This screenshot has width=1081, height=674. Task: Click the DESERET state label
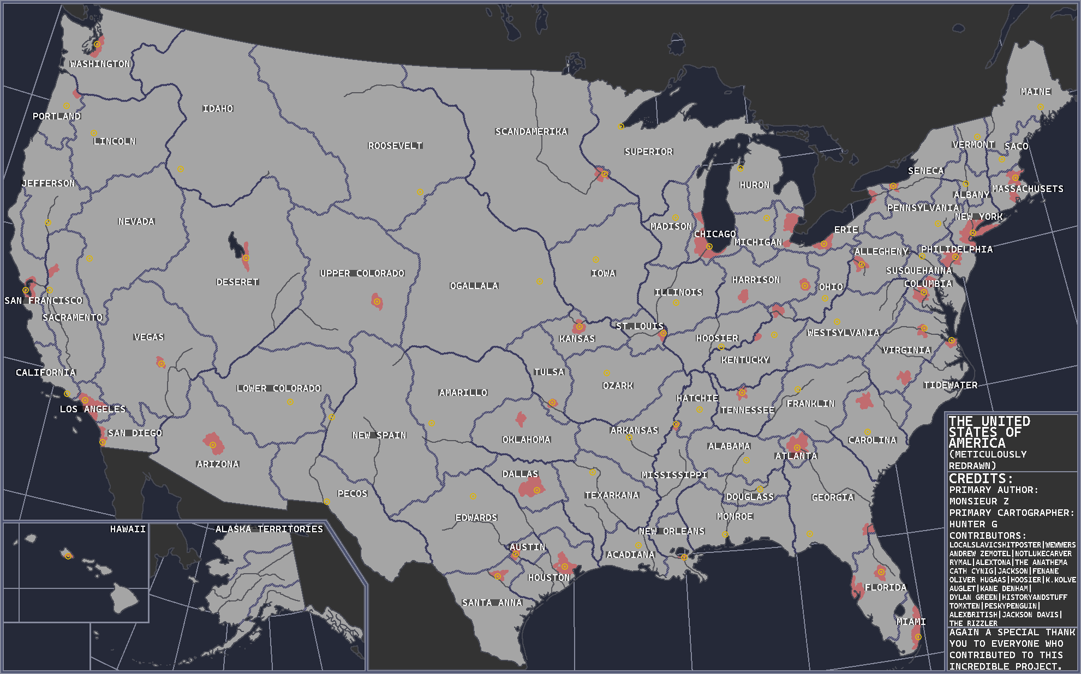coord(237,282)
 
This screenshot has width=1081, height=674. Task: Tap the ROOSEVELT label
coord(395,146)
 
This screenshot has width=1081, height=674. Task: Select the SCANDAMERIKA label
coord(531,131)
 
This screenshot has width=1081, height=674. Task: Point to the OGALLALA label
coord(474,286)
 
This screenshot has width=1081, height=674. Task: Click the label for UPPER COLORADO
coord(362,273)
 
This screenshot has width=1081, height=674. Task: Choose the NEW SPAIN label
coord(379,435)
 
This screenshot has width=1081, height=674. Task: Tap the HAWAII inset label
coord(128,529)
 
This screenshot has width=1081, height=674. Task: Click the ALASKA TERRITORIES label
coord(269,529)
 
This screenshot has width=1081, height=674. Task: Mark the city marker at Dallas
coord(537,490)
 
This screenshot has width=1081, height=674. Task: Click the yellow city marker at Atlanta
coord(797,448)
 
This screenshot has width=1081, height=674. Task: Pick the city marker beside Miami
coord(918,637)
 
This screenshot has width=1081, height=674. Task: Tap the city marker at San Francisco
coord(26,290)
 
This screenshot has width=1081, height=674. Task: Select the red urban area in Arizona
coord(213,444)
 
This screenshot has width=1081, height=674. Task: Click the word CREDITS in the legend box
coord(981,478)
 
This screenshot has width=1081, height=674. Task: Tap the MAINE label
coord(1035,92)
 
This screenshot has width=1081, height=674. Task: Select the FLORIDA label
coord(885,587)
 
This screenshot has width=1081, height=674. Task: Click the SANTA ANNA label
coord(492,603)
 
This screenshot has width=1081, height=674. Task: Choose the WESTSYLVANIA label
coord(843,333)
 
